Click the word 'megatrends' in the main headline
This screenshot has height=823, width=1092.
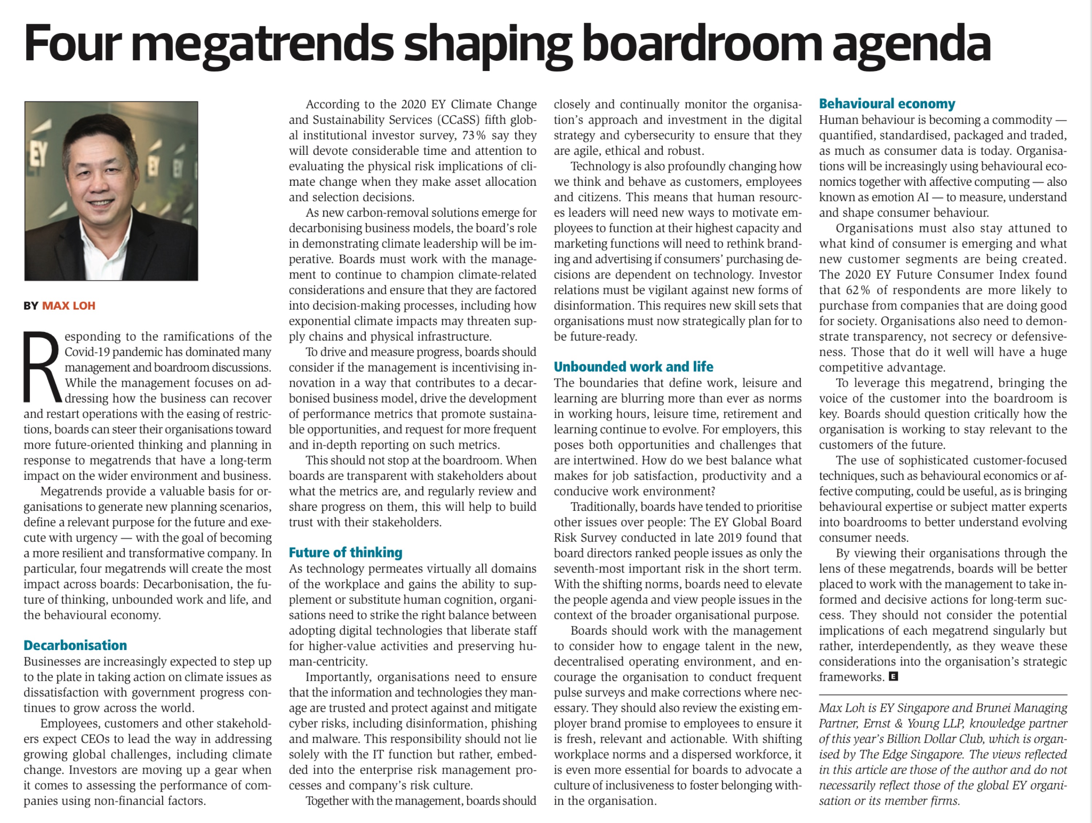(x=262, y=43)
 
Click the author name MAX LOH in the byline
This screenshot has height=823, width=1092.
(x=69, y=306)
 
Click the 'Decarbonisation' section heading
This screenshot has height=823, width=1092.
(x=75, y=645)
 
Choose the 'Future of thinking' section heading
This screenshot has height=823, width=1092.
(x=345, y=552)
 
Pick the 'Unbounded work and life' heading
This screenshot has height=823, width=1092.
(x=633, y=367)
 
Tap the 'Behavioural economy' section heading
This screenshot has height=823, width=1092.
(x=887, y=104)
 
